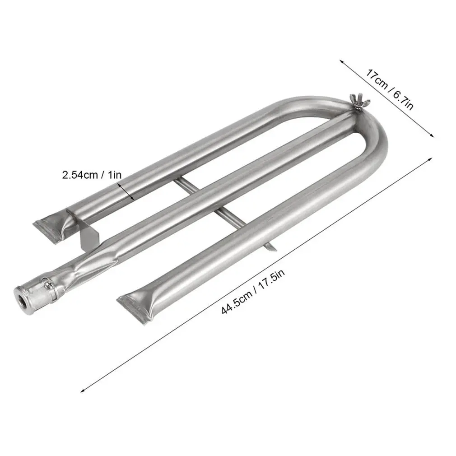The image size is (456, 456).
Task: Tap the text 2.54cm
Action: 79,175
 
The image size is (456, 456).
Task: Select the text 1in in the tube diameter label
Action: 114,175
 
